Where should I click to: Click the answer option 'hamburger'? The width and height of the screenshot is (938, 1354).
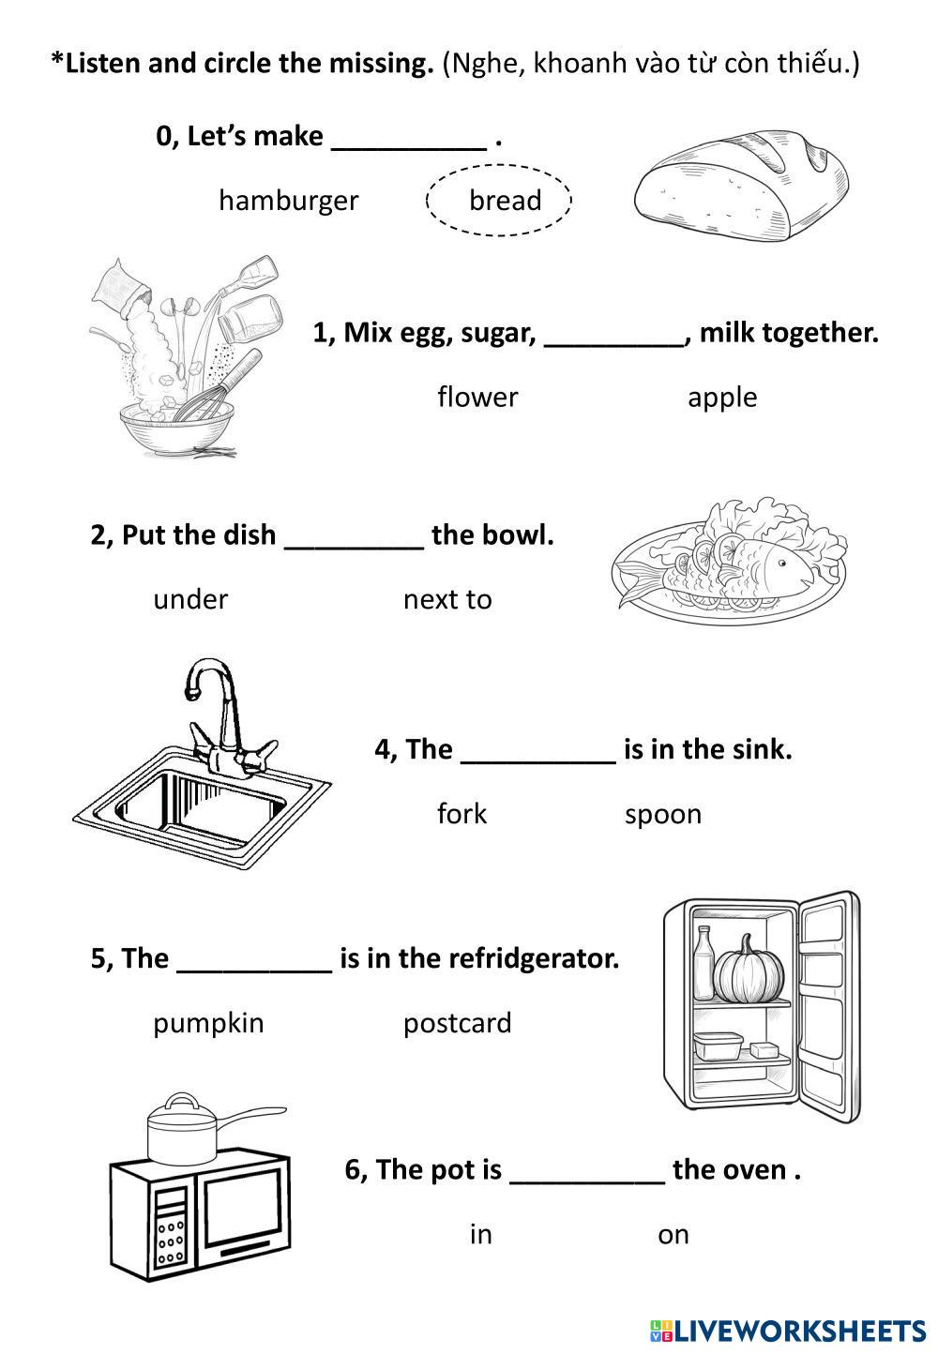288,201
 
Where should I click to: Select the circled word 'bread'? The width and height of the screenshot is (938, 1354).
505,201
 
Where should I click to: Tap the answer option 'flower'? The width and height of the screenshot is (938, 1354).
477,398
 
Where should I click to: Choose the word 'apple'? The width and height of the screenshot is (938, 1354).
722,398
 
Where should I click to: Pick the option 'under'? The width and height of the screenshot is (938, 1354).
190,599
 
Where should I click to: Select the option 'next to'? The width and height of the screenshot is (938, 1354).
447,599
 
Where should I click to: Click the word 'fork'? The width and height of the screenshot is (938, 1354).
461,814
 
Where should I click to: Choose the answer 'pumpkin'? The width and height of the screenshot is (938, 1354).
208,1023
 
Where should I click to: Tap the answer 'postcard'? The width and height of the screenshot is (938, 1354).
458,1023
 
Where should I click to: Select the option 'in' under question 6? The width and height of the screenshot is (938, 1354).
480,1234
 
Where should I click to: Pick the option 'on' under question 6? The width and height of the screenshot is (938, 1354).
673,1235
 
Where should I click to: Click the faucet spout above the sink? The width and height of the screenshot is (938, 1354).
194,689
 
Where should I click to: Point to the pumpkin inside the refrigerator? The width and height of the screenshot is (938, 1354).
749,971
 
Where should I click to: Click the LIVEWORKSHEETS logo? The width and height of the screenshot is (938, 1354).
787,1330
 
